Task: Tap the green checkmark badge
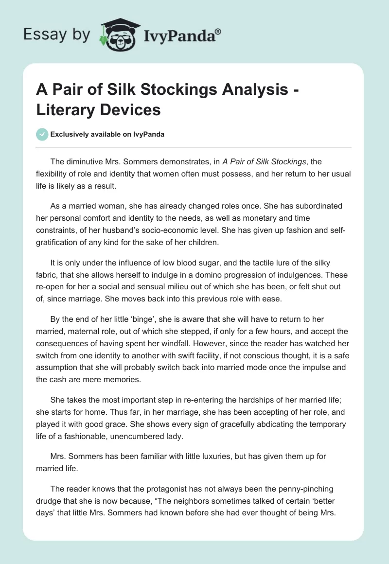[42, 135]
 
